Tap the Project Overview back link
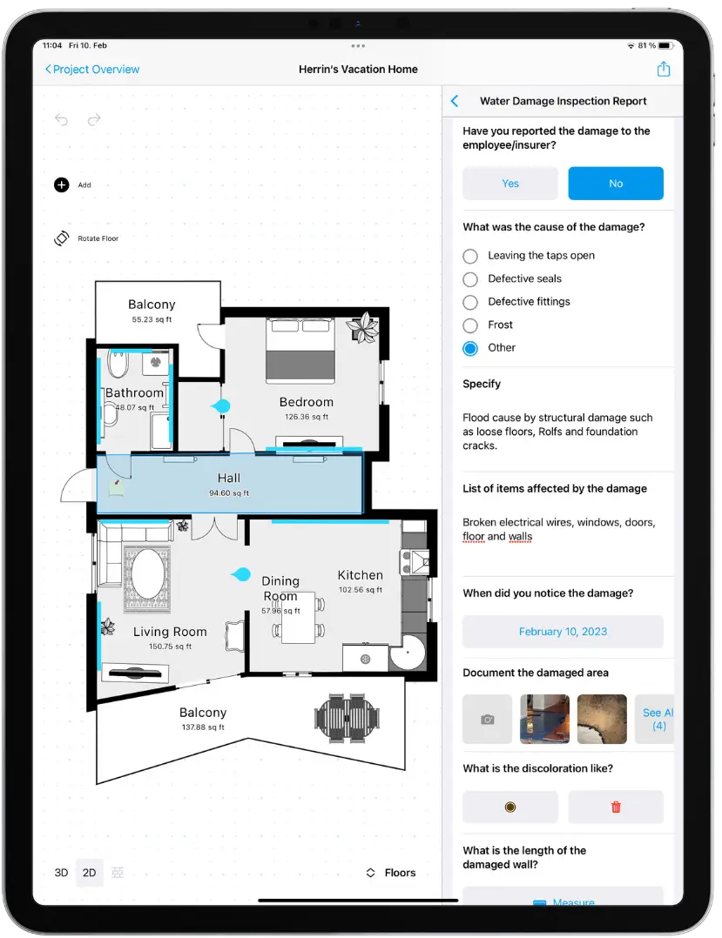92,70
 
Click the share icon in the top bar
664,69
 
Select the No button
616,184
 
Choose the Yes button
510,184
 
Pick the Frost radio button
470,325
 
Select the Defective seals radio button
470,279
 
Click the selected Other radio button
470,348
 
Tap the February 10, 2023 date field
563,632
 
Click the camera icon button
488,719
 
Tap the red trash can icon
616,807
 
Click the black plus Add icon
62,184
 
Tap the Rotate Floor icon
62,238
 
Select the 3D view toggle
61,873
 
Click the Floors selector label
400,873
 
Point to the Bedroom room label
307,402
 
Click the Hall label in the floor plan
229,478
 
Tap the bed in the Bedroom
300,350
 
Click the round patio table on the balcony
348,719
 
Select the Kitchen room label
361,575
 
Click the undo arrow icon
62,120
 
